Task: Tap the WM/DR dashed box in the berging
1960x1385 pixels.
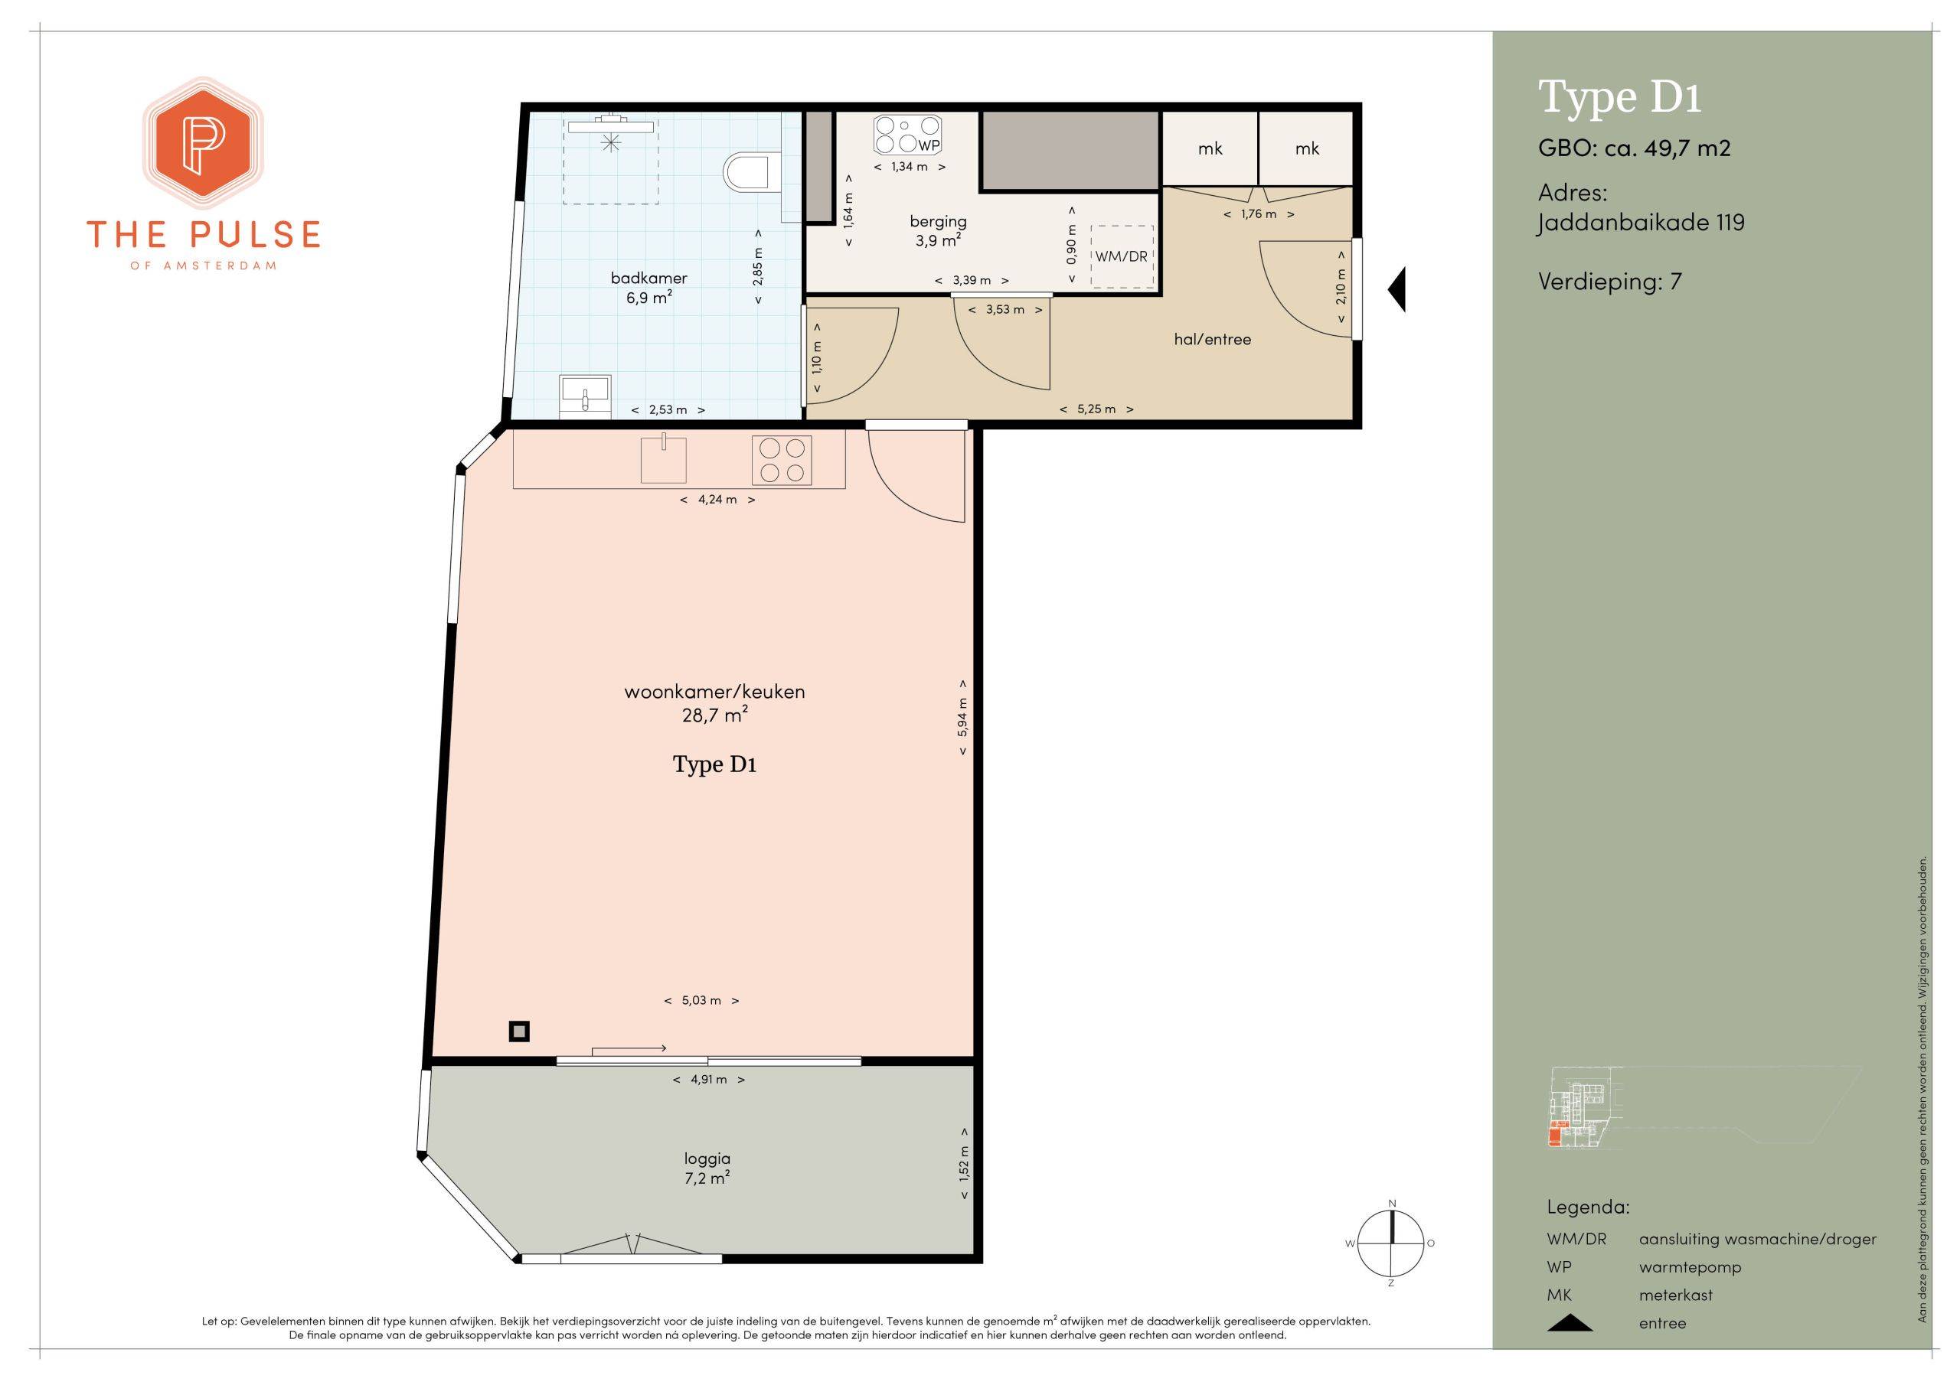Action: click(1122, 256)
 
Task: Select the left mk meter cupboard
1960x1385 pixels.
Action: click(1210, 148)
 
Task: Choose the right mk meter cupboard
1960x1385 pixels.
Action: click(1306, 148)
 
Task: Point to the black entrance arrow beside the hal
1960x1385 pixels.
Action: click(1396, 290)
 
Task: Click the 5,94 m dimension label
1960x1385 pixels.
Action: click(963, 717)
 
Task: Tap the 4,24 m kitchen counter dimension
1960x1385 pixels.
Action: click(717, 499)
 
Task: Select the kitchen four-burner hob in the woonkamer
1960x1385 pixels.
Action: click(782, 460)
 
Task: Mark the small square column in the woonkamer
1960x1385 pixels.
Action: click(519, 1031)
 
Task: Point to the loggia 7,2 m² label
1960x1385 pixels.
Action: click(707, 1168)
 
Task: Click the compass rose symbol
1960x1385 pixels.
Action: click(1391, 1243)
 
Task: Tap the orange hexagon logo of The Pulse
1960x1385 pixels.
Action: click(203, 143)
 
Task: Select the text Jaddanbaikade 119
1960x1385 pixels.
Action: click(1641, 223)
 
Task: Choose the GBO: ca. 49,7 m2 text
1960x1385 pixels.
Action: click(1634, 148)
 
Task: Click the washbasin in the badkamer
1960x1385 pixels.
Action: click(586, 396)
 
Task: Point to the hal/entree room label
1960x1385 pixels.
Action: click(1212, 340)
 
